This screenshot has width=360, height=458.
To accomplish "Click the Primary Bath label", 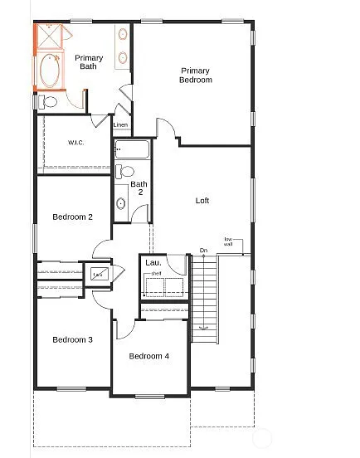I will coord(90,61).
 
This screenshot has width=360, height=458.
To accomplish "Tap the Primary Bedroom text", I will coord(195,75).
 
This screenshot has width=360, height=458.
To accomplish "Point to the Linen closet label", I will coord(121,125).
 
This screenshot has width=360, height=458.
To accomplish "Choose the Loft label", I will coord(202,200).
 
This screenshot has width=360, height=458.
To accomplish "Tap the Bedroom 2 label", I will coord(72,217).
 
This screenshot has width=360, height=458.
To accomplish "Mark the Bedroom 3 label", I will coord(72,339).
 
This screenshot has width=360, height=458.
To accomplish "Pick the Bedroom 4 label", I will coord(149,356).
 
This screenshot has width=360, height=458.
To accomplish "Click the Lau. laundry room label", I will coord(153,263).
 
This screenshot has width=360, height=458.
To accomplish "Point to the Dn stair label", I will coord(203,250).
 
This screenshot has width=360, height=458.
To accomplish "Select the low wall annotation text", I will coord(228,242).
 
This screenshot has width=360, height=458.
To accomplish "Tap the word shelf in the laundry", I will coord(155,272).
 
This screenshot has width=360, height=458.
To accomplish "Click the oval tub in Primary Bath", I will coord(48,72).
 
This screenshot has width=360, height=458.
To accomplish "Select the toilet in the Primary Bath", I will coord(47,102).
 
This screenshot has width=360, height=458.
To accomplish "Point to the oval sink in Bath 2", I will coord(121,202).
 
